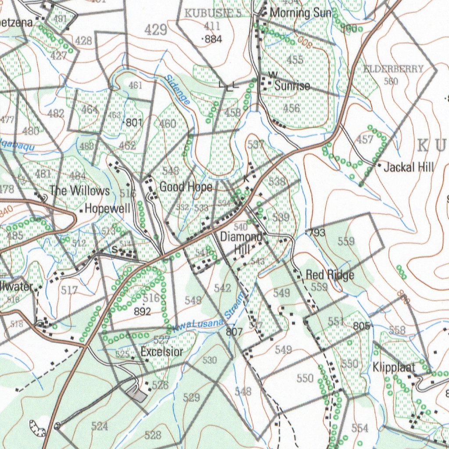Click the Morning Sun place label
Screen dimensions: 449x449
[x=301, y=13]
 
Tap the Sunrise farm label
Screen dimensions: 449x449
[x=292, y=86]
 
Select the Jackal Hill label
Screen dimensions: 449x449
[x=409, y=167]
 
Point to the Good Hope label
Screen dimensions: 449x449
[x=185, y=187]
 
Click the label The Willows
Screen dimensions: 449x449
[x=79, y=191]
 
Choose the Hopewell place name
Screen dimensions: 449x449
[x=107, y=208]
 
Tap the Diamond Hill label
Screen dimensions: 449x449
[x=241, y=242]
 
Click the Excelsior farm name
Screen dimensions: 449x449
[x=162, y=352]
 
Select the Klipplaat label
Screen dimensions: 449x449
[x=394, y=367]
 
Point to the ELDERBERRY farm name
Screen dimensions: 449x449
[x=394, y=69]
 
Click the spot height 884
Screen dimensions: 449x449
[x=213, y=39]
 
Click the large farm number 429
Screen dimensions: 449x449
[x=156, y=30]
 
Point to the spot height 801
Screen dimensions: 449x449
[x=134, y=123]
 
